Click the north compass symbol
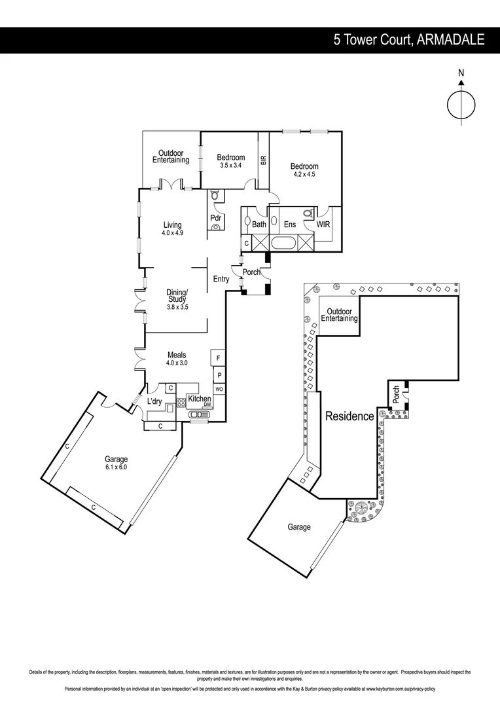pyautogui.click(x=461, y=104)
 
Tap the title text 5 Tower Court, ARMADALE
pyautogui.click(x=409, y=40)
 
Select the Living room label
pyautogui.click(x=172, y=225)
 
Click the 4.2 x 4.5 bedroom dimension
pyautogui.click(x=304, y=175)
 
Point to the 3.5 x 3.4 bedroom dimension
pyautogui.click(x=231, y=165)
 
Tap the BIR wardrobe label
pyautogui.click(x=263, y=159)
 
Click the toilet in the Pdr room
pyautogui.click(x=215, y=195)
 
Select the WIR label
pyautogui.click(x=323, y=225)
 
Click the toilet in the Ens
pyautogui.click(x=309, y=213)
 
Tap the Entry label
pyautogui.click(x=221, y=279)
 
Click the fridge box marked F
pyautogui.click(x=219, y=359)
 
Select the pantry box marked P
pyautogui.click(x=219, y=376)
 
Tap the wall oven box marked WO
pyautogui.click(x=219, y=389)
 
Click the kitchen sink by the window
pyautogui.click(x=196, y=414)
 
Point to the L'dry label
pyautogui.click(x=154, y=401)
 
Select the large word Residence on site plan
pyautogui.click(x=349, y=416)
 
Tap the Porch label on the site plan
pyautogui.click(x=396, y=394)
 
